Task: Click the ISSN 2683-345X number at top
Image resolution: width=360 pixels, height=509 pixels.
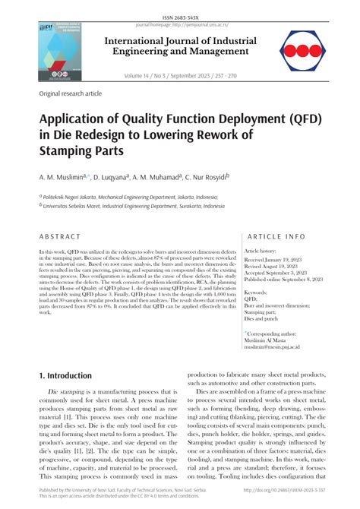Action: click(180, 5)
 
